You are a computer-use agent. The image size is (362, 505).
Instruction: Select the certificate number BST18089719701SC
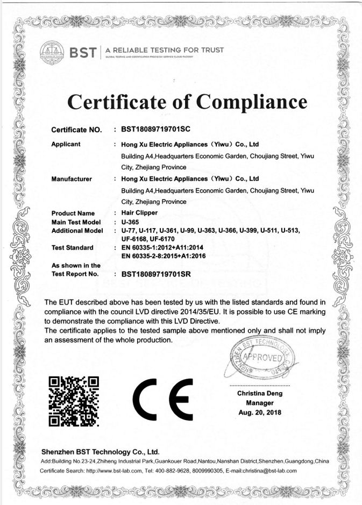tap(156, 129)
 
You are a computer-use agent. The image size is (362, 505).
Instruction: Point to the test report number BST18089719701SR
tap(156, 274)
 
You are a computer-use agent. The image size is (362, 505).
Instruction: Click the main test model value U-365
tap(131, 222)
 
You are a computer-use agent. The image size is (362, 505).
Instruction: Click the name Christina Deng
tap(260, 393)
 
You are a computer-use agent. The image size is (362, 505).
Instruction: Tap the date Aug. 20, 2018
tap(260, 412)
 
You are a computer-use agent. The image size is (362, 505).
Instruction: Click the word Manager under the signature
tap(260, 403)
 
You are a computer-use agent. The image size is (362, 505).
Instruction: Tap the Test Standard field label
tap(72, 247)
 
